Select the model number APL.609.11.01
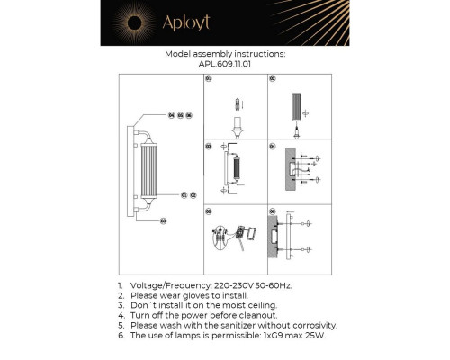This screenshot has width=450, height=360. pos(224,65)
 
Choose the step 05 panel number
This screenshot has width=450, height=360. pos(208,211)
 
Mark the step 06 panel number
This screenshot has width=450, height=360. pos(271,211)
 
